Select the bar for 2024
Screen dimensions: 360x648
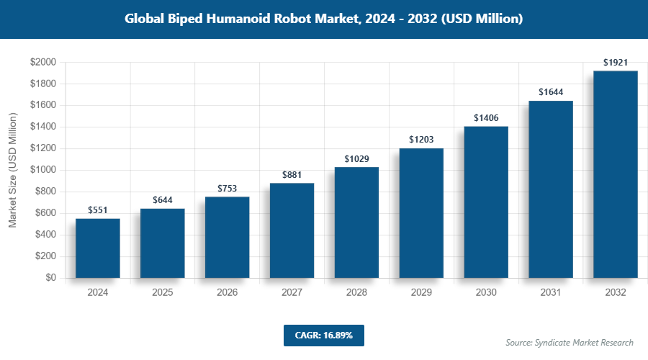coord(98,248)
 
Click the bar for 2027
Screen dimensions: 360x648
coord(292,230)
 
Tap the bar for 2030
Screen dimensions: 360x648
coord(486,202)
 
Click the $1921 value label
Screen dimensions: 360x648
coord(616,63)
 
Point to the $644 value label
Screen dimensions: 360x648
coord(163,199)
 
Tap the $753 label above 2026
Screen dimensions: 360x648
coord(228,188)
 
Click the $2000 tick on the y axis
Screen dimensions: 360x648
coord(43,63)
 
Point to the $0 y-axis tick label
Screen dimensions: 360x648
coord(51,278)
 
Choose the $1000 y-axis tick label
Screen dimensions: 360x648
coord(43,171)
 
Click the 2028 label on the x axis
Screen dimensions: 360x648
coord(357,293)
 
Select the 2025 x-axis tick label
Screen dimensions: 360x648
coord(163,293)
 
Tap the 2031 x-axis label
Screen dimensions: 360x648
coord(551,293)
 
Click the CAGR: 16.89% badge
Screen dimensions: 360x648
coord(323,336)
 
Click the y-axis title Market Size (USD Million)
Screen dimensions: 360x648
coord(12,171)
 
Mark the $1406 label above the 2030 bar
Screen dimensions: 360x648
coord(486,117)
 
